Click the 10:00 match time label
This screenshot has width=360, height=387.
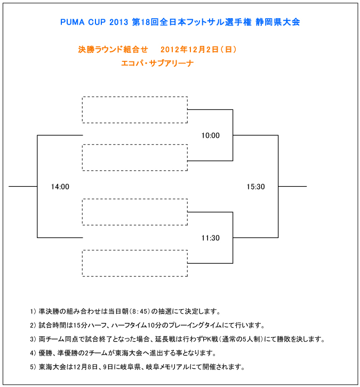click(x=210, y=136)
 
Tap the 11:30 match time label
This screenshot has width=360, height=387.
click(x=210, y=238)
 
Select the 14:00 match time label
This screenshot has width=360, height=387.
click(x=60, y=187)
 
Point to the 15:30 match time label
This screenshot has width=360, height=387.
click(x=255, y=187)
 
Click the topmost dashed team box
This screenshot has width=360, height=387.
click(x=135, y=97)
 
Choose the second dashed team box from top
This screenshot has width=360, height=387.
click(x=135, y=145)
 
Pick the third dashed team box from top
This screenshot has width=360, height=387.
click(x=135, y=199)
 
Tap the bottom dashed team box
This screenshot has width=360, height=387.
click(x=135, y=250)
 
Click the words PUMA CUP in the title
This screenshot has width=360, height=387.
click(x=83, y=22)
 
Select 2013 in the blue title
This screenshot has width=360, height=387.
click(x=118, y=22)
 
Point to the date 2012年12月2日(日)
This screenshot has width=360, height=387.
click(x=198, y=50)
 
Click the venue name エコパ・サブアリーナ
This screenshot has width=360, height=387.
click(x=157, y=63)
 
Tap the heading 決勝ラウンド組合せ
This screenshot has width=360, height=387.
click(x=113, y=50)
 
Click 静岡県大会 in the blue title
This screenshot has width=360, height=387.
click(x=278, y=22)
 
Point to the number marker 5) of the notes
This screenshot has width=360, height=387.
click(x=33, y=367)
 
